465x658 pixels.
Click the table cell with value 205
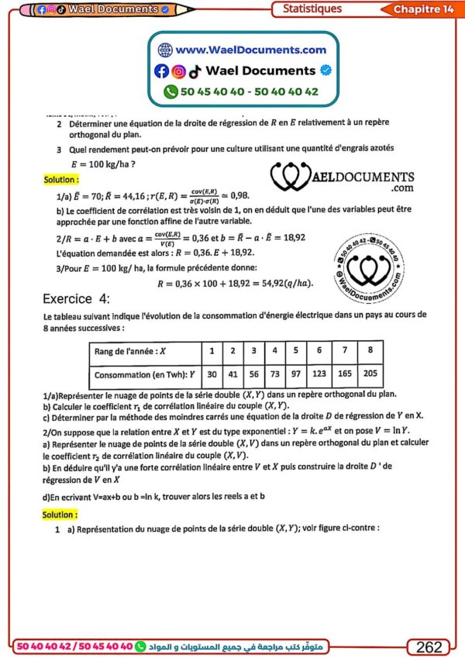[371, 374]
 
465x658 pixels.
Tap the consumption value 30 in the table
[212, 374]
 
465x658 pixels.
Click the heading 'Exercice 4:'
[77, 298]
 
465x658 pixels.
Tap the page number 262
[429, 646]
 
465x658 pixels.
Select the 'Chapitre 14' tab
[423, 9]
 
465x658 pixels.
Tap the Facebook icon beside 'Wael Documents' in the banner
[161, 71]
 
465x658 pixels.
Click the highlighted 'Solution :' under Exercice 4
[60, 514]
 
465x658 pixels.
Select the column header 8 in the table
[371, 351]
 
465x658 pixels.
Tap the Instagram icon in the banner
[178, 71]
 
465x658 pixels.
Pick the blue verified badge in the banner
[326, 71]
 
